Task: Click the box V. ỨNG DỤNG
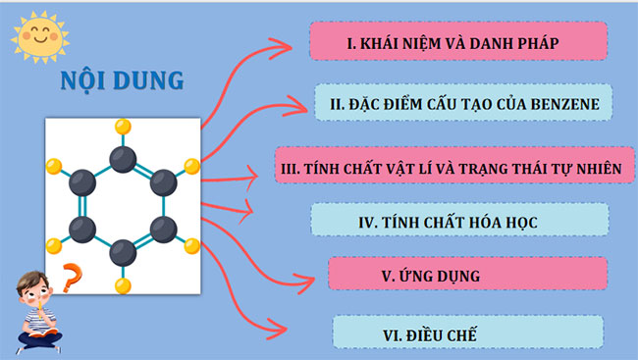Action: click(x=431, y=276)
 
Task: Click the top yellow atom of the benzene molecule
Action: click(x=123, y=126)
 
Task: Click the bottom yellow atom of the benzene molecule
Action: click(x=123, y=286)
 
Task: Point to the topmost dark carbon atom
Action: click(x=123, y=157)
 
